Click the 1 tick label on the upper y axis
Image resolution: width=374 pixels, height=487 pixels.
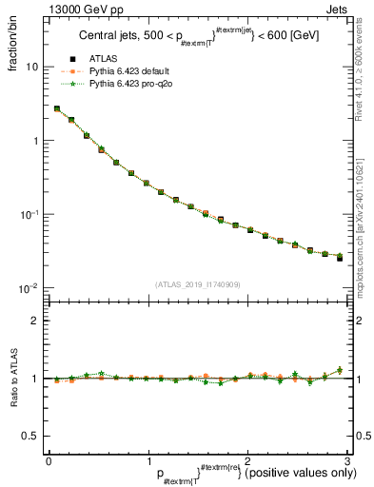(x=35, y=141)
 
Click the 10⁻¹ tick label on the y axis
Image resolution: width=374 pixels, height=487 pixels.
(x=30, y=214)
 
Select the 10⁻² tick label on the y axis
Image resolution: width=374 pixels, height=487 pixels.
(x=30, y=287)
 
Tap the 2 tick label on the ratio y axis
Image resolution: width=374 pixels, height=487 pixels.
(x=35, y=321)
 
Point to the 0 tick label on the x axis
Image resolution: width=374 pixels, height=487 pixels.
(x=49, y=459)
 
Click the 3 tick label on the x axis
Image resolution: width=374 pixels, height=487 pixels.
(x=347, y=459)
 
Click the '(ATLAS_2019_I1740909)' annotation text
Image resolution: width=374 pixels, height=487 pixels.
(x=198, y=284)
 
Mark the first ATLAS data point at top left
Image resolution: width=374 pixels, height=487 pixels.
(x=57, y=109)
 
